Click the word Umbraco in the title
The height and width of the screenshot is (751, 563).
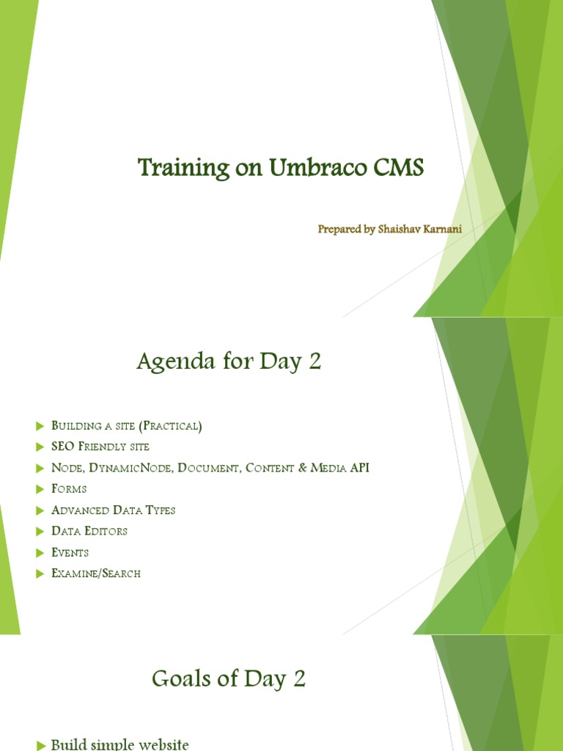coord(311,169)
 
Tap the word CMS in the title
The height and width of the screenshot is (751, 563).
coord(399,169)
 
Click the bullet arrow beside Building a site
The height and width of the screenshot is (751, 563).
coord(40,426)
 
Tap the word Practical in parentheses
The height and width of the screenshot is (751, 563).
coord(174,426)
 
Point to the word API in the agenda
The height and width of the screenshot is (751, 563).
coord(359,468)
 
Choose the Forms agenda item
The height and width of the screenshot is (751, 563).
coord(69,489)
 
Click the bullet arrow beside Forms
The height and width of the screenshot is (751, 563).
coord(40,489)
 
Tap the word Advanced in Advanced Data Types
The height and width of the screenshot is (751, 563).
coord(81,510)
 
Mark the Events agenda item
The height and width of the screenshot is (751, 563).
coord(70,552)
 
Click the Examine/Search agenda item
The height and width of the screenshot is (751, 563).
coord(96,574)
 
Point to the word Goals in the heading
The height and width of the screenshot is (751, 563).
coord(182,680)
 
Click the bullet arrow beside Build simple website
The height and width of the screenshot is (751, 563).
coord(40,745)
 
